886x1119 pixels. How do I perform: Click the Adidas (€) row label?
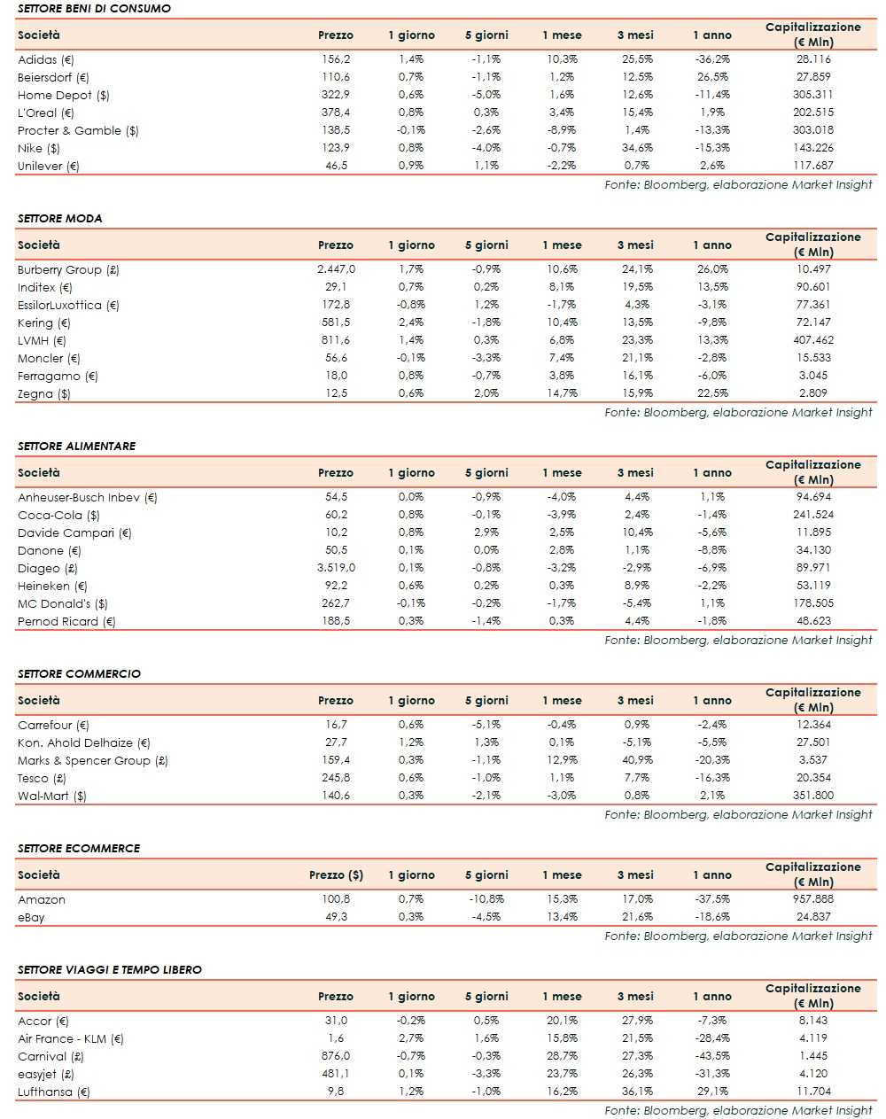[46, 60]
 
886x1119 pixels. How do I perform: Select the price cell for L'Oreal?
[336, 113]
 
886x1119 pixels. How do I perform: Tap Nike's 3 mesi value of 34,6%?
[637, 148]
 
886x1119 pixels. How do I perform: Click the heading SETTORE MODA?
[59, 218]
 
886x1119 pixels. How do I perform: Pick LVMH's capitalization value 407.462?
[813, 340]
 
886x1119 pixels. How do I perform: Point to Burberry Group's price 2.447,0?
[336, 269]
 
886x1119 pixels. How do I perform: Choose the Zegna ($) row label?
[44, 394]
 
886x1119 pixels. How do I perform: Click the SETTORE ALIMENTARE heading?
[77, 446]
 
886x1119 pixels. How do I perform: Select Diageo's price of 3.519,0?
[336, 568]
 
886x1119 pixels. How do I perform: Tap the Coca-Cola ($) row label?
[58, 515]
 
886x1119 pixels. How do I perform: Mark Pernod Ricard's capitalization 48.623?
[813, 621]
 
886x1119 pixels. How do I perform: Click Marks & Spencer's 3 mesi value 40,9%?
[637, 760]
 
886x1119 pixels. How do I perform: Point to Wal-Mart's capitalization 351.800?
[813, 796]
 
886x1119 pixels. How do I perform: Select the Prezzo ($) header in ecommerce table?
[336, 875]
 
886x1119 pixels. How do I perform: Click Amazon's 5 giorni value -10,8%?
[486, 899]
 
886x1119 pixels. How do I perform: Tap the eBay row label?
[31, 917]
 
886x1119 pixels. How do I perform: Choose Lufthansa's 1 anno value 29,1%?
[711, 1092]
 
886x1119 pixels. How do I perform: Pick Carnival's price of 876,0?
[336, 1056]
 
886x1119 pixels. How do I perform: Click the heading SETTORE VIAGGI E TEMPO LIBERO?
[110, 969]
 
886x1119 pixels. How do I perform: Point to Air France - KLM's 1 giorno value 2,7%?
[411, 1038]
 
